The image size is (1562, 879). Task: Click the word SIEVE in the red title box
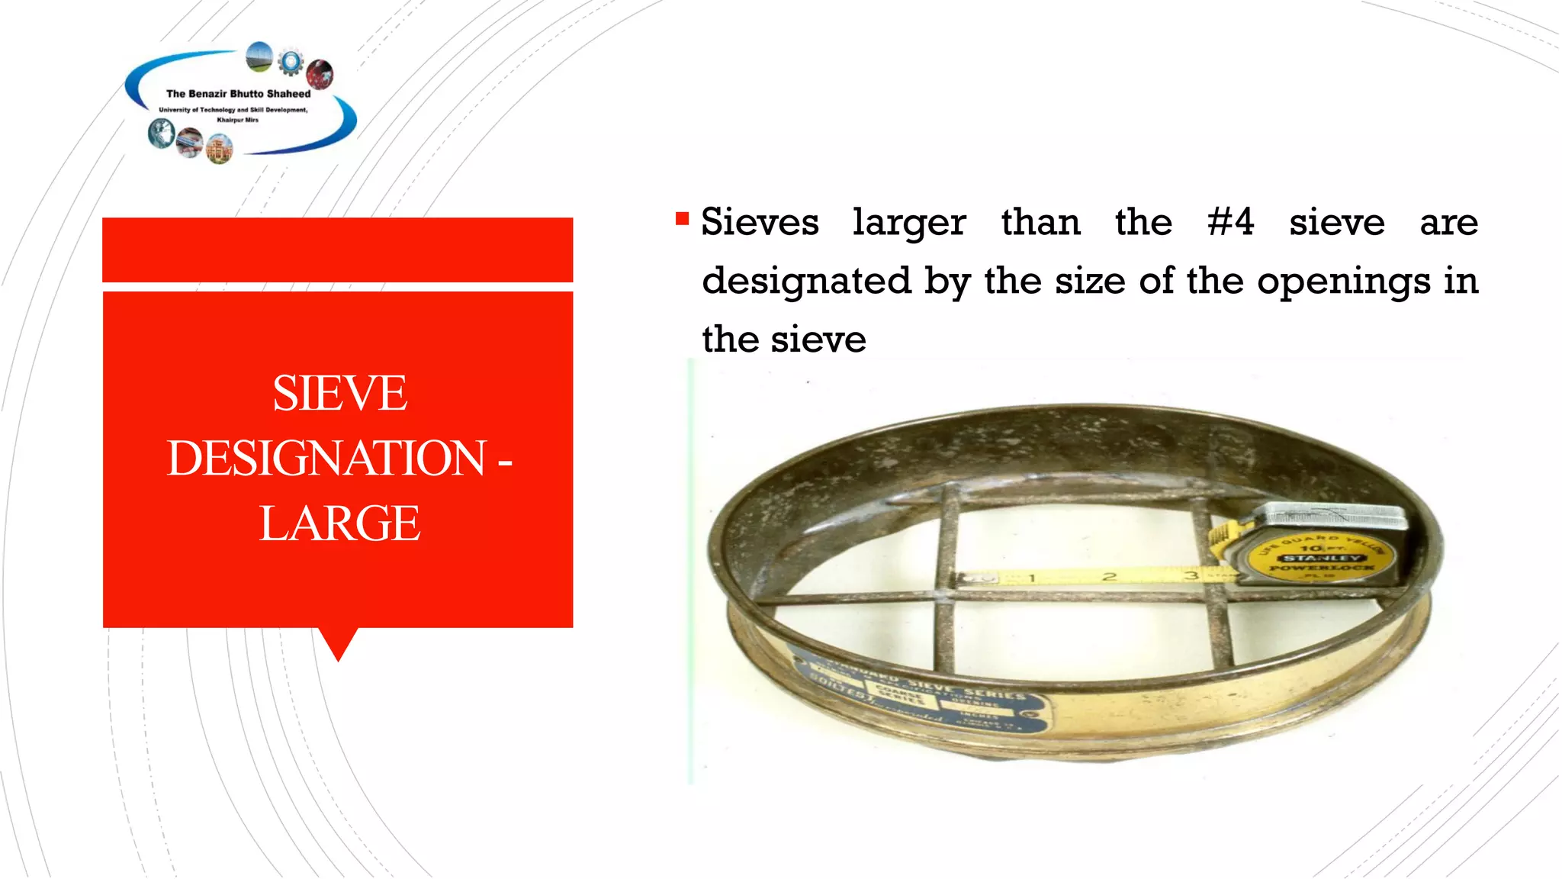[339, 394]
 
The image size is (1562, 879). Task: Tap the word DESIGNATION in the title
[326, 459]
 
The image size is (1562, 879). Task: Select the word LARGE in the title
[339, 523]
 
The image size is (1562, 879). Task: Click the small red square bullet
[682, 220]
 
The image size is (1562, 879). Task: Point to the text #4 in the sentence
[1230, 222]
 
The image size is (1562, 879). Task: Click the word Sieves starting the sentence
[760, 223]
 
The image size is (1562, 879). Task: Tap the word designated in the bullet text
[806, 281]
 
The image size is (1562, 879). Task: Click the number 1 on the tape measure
[1032, 578]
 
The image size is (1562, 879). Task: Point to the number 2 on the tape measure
[1110, 576]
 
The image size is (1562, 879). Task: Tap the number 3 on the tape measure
[1191, 575]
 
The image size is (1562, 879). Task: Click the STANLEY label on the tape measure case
[1322, 558]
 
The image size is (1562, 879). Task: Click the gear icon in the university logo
[291, 62]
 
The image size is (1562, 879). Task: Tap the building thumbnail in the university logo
[220, 150]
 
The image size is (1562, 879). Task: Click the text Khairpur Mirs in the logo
[237, 120]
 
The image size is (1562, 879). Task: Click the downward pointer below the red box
[338, 645]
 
